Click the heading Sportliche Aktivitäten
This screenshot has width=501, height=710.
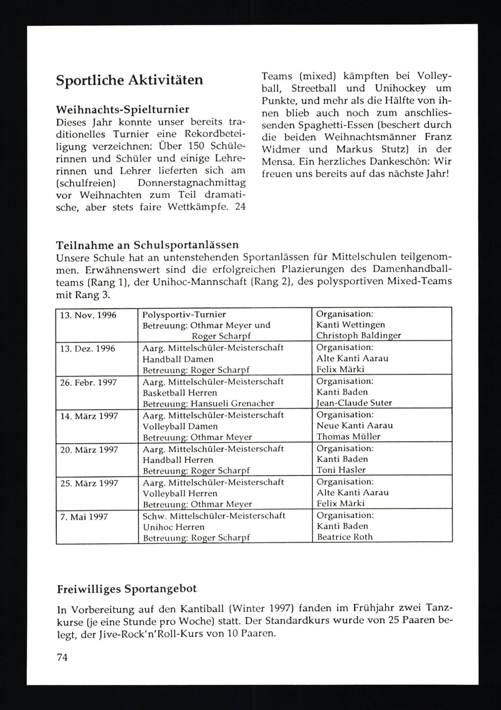pos(129,80)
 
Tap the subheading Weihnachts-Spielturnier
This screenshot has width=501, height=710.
pos(122,109)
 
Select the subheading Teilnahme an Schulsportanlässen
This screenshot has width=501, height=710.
pos(147,245)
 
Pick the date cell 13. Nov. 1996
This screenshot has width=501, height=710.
pos(88,315)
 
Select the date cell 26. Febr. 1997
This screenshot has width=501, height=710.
pos(88,382)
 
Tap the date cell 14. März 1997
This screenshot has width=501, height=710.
pos(89,416)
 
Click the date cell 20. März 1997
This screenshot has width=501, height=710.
pos(89,450)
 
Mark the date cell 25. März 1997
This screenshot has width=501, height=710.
pos(89,483)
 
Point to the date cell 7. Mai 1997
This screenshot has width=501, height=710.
pos(84,517)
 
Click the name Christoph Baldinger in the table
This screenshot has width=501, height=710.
pos(358,336)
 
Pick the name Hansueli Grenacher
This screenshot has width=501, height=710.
pos(232,403)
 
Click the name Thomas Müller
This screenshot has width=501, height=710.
pos(348,437)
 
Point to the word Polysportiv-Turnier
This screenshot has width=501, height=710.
pos(184,315)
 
